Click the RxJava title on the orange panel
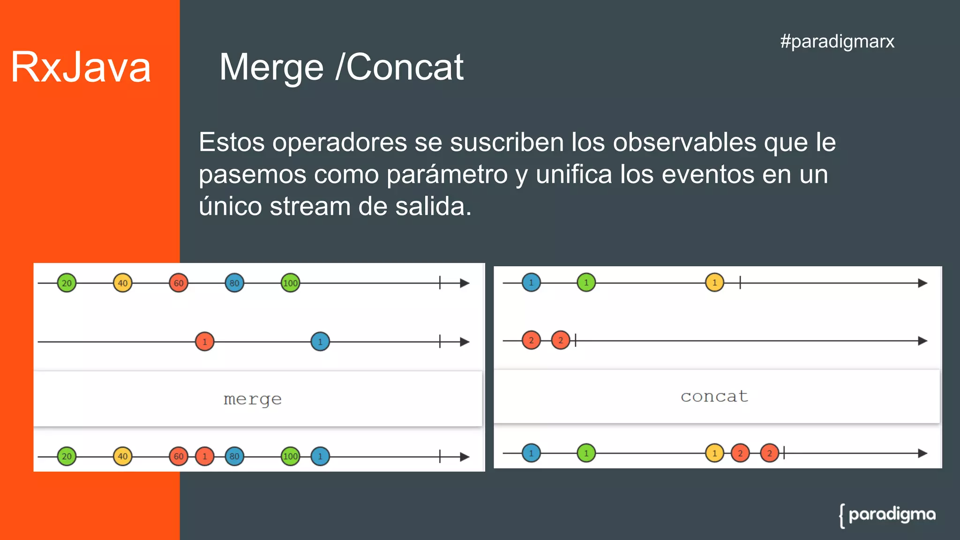click(x=81, y=67)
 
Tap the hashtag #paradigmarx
click(x=837, y=41)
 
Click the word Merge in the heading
click(x=271, y=67)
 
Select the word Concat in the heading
click(x=405, y=67)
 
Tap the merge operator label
click(x=253, y=399)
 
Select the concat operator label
click(x=714, y=397)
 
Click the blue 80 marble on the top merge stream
click(x=234, y=283)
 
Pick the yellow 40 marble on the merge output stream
click(x=123, y=456)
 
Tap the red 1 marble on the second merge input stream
click(x=204, y=342)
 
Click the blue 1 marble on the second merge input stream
click(x=320, y=342)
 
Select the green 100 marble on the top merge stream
click(x=290, y=283)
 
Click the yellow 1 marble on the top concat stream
click(x=714, y=283)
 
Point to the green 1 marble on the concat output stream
click(x=586, y=453)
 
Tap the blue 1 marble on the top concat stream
click(x=531, y=283)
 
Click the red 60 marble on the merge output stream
click(x=179, y=456)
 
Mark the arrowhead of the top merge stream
click(x=465, y=283)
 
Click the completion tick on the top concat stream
click(x=740, y=283)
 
